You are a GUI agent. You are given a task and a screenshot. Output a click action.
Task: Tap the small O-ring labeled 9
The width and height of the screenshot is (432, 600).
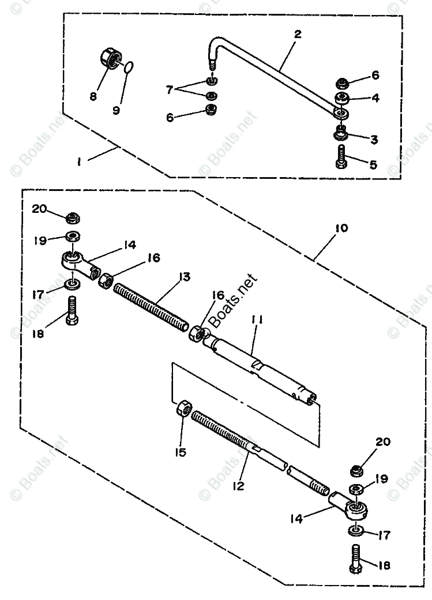pyautogui.click(x=130, y=69)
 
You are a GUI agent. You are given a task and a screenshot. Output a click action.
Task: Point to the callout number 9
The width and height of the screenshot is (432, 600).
pyautogui.click(x=117, y=110)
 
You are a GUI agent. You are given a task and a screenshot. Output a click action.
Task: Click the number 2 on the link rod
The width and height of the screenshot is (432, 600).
pyautogui.click(x=297, y=33)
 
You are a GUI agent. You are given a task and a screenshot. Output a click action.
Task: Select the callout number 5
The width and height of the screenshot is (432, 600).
pyautogui.click(x=373, y=165)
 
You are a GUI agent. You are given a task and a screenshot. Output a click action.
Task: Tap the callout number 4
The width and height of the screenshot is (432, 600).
pyautogui.click(x=375, y=98)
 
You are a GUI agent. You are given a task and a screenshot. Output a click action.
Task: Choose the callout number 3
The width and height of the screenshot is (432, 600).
pyautogui.click(x=374, y=140)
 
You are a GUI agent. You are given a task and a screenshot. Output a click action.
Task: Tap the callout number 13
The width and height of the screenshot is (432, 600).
pyautogui.click(x=184, y=277)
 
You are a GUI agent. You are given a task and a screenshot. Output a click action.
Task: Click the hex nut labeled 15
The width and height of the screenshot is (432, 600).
pyautogui.click(x=183, y=411)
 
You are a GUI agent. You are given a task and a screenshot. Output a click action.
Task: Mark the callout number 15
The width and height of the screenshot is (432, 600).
pyautogui.click(x=181, y=453)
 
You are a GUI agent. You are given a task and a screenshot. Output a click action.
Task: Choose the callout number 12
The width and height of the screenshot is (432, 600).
pyautogui.click(x=239, y=486)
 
